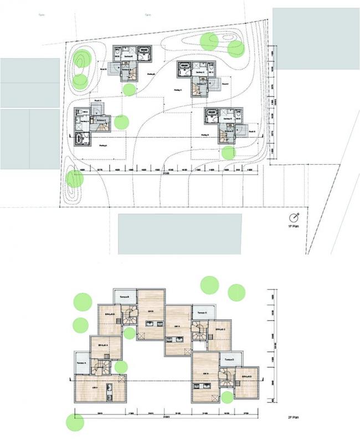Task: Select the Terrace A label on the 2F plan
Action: pos(81,364)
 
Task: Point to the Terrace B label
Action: pos(125,296)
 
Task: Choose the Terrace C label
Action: pos(202,313)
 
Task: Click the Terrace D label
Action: pos(229,360)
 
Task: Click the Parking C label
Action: pos(177,90)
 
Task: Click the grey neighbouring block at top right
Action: pos(316,38)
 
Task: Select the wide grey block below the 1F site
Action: pos(180,233)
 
